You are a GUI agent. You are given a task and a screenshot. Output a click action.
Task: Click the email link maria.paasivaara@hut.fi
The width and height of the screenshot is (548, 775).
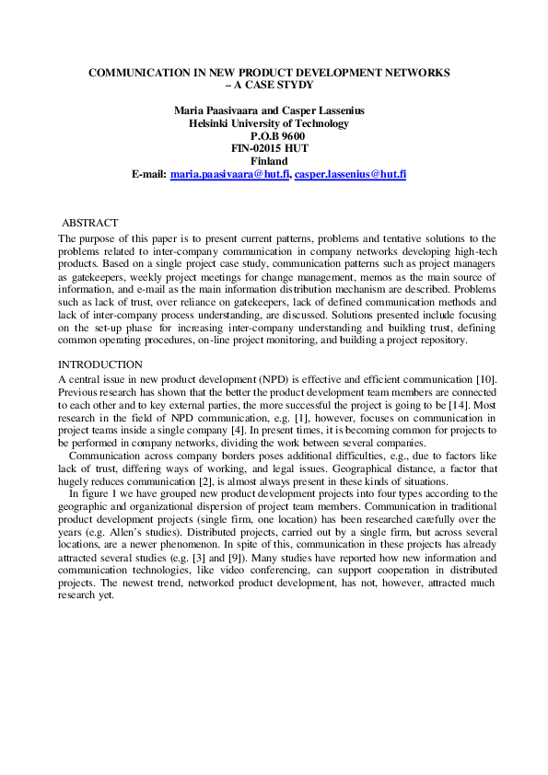[x=230, y=173]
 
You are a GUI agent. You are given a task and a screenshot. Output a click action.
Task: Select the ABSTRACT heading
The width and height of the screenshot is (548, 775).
[x=89, y=224]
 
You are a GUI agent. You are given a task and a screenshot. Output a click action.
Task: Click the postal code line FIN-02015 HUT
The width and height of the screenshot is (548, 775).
[x=269, y=147]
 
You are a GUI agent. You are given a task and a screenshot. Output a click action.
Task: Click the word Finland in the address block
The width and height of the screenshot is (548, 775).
[x=269, y=160]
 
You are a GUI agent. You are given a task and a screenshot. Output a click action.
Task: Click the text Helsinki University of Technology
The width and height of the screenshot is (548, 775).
[x=269, y=122]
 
